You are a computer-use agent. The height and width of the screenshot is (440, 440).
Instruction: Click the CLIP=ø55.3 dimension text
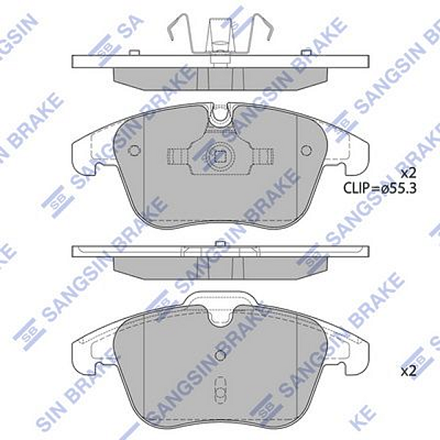coord(379,188)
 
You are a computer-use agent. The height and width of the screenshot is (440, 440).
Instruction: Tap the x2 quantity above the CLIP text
coord(408,173)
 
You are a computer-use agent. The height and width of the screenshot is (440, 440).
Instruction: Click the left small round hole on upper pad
coord(133,150)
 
